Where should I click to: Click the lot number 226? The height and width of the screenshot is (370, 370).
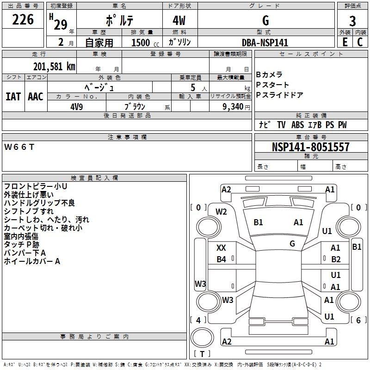click(23, 19)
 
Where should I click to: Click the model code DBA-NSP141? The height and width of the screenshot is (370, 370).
click(265, 43)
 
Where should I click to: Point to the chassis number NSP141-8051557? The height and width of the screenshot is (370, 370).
click(310, 147)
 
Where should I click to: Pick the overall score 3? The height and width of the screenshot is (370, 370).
click(352, 21)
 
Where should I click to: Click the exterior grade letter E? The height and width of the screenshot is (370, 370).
click(345, 42)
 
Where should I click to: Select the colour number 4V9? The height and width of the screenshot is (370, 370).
click(77, 105)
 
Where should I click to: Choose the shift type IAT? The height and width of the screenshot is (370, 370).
click(13, 97)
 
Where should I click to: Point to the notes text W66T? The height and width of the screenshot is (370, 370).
click(19, 147)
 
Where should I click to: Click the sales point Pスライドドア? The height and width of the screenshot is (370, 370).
click(279, 95)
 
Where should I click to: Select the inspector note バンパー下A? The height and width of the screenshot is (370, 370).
click(25, 253)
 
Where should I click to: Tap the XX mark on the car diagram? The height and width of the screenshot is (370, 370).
click(221, 248)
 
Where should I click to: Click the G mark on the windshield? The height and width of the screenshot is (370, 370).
click(292, 243)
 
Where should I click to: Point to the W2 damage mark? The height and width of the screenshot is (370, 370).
click(221, 212)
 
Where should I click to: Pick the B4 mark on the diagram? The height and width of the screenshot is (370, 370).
click(221, 259)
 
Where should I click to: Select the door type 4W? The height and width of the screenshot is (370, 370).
click(179, 21)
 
